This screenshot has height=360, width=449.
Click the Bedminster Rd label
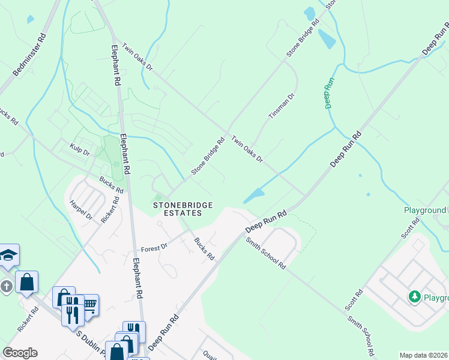click(29, 54)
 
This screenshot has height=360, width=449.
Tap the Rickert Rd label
click(28, 319)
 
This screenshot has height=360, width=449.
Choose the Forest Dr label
click(152, 248)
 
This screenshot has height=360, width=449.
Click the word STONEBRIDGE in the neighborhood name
click(182, 205)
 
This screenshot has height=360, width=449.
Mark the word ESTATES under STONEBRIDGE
click(182, 214)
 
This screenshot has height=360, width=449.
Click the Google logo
click(20, 353)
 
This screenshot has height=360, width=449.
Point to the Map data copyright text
click(424, 355)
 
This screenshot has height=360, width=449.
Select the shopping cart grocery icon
click(89, 305)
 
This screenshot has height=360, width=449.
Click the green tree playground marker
click(414, 296)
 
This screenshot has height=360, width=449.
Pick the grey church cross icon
click(6, 286)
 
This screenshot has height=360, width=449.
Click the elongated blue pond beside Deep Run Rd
click(253, 196)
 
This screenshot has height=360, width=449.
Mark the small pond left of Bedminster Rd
click(30, 19)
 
